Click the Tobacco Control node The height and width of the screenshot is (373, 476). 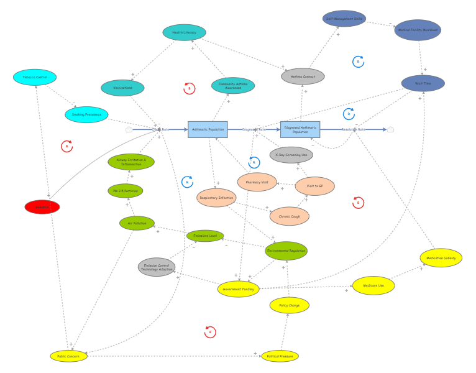point(35,77)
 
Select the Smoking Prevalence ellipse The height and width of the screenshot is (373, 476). point(86,114)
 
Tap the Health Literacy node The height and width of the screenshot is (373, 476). point(184,32)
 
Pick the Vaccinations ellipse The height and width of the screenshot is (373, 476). point(122,88)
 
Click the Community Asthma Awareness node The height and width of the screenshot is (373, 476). point(233,86)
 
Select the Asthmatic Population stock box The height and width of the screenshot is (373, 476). point(208,129)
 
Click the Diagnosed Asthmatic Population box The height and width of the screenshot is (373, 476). point(300,129)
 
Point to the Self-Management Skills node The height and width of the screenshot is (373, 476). point(344,19)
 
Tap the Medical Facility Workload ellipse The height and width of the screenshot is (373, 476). point(418,30)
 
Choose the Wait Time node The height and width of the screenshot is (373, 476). point(423,83)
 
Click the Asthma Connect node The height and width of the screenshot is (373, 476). point(303,76)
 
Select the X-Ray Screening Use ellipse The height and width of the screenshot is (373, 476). point(291,155)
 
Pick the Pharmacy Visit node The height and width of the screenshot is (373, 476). point(257,182)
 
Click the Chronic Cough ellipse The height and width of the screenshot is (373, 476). point(290,216)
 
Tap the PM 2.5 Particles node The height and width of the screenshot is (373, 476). point(126,191)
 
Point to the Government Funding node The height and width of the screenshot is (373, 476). point(239,289)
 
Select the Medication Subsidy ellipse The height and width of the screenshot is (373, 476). point(441,257)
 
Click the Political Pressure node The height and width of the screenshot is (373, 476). point(280,356)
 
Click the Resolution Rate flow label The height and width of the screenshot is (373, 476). point(353,129)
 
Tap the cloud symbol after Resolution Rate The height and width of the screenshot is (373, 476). point(390,129)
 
